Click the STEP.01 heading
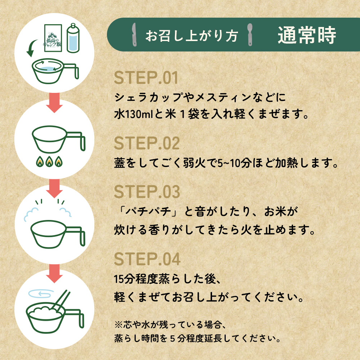point(146,78)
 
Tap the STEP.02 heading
point(147,143)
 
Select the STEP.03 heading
point(147,192)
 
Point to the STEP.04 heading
point(147,259)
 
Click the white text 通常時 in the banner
point(307,35)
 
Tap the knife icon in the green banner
point(134,35)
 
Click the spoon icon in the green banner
point(249,35)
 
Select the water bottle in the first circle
point(73,38)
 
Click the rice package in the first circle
point(53,38)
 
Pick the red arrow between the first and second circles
point(54,103)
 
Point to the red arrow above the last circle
point(54,274)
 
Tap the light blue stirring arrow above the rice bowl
point(41,294)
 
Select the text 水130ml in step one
point(134,114)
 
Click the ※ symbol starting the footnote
point(118,325)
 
